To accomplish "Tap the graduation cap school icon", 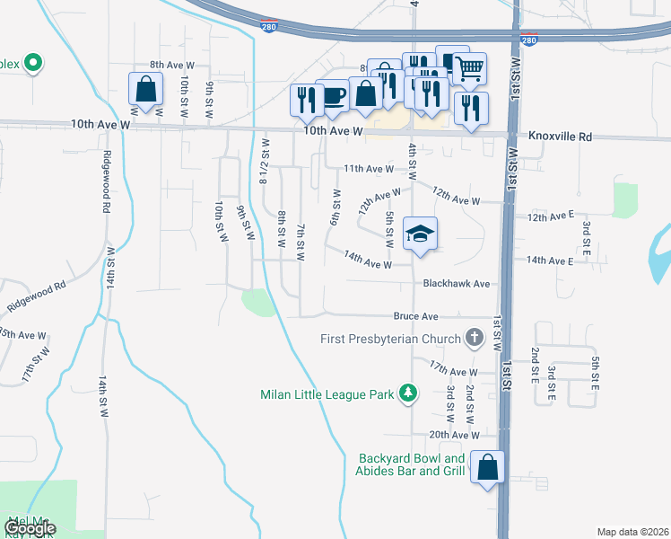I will [x=419, y=234].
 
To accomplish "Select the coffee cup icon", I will [x=334, y=96].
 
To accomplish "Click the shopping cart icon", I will [x=470, y=68].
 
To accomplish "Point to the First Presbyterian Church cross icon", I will [x=474, y=339].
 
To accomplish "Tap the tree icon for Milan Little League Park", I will [x=408, y=393].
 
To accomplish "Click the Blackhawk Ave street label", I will [x=457, y=283].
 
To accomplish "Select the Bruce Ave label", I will [x=415, y=316].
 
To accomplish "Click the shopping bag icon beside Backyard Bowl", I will [x=487, y=468].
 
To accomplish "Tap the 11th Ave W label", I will [x=368, y=168].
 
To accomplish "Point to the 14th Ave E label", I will [x=549, y=261].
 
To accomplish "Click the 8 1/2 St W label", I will [x=264, y=162].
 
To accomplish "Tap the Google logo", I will [x=30, y=528].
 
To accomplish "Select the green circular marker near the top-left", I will [x=33, y=63].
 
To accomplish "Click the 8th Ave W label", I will [x=172, y=65].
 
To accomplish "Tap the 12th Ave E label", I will [x=550, y=217].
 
